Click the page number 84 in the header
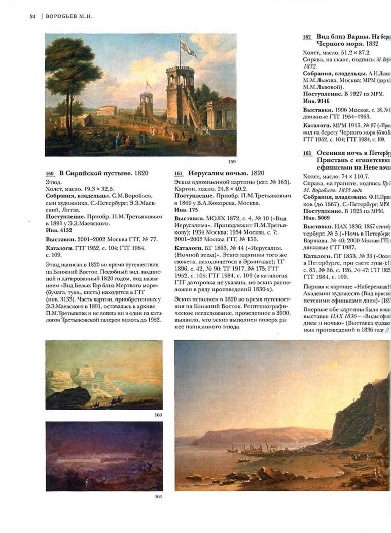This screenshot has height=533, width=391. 32,16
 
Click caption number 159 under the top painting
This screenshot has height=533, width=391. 232,161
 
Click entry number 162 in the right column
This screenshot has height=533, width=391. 307,37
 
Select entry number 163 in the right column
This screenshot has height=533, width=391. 307,153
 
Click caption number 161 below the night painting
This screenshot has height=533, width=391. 158,496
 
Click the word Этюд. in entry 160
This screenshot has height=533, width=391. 53,181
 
